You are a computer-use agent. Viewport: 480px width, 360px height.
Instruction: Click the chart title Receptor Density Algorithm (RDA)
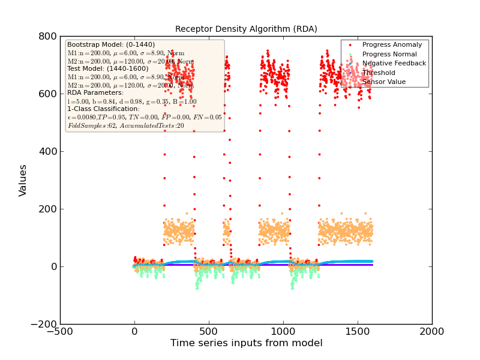(x=246, y=29)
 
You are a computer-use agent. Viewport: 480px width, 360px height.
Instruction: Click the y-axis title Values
(x=23, y=180)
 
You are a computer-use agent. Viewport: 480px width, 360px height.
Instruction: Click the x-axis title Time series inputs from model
(x=246, y=343)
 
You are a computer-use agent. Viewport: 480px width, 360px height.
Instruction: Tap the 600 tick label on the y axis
(x=46, y=94)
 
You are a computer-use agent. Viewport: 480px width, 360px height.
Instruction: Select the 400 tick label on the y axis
(x=46, y=151)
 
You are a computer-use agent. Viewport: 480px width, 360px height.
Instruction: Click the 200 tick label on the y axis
(x=46, y=209)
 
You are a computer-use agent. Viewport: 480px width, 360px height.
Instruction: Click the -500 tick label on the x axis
(x=60, y=331)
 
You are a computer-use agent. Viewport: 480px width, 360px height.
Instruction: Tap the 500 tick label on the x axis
(x=209, y=331)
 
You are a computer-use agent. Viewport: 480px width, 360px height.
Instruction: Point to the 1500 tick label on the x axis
(x=358, y=331)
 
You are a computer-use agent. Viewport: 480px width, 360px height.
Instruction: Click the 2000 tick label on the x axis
(x=432, y=331)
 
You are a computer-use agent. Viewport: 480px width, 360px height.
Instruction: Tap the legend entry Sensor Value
(x=384, y=82)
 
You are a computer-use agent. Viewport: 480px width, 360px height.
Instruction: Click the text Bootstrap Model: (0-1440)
(x=111, y=44)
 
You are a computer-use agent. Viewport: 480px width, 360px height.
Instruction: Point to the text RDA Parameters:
(x=95, y=93)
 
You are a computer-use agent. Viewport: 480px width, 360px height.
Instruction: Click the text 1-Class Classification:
(x=103, y=109)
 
